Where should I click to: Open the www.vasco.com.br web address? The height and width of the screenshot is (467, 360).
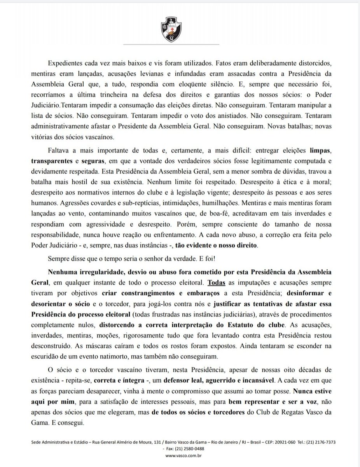point(179,455)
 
